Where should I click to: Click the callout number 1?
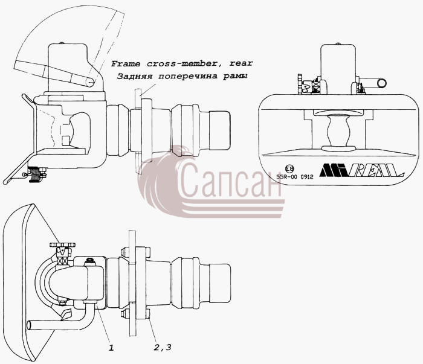[111, 348]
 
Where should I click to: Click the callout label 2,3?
[163, 348]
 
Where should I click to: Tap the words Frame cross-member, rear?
[182, 63]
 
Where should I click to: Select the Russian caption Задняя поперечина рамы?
[182, 76]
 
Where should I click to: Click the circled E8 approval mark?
[289, 169]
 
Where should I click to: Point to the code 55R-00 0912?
[295, 177]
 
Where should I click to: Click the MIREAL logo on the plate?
[361, 170]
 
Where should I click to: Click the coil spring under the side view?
[34, 174]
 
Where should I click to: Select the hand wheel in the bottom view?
[62, 245]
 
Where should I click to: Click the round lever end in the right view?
[382, 83]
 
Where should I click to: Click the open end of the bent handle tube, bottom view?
[28, 325]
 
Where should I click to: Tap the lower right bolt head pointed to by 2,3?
[148, 313]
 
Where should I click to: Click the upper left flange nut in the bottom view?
[123, 252]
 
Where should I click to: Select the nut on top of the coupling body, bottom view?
[90, 261]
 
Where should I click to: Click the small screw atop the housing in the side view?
[62, 43]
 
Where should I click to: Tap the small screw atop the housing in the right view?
[338, 43]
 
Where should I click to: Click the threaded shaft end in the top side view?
[219, 130]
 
